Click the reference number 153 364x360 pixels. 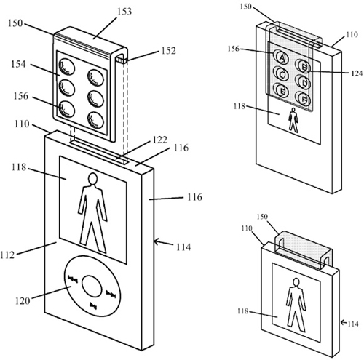pos(124,12)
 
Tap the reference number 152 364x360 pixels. pos(168,50)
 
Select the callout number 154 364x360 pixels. pos(18,64)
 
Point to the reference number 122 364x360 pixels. pos(160,140)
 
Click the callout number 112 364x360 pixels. pos(7,255)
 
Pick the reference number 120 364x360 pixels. pos(23,301)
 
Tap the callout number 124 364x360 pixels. pos(357,73)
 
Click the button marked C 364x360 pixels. pos(282,74)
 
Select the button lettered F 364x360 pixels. pos(304,98)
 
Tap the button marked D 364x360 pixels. pos(304,83)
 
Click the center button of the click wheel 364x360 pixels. pos(92,286)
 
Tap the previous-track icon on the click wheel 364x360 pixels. pos(73,279)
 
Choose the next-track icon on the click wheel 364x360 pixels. pos(111,295)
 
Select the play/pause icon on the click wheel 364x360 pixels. pos(93,305)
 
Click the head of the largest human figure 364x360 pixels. pos(93,179)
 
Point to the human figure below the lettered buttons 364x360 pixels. pos(293,120)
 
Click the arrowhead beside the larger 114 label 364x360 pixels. pos(157,241)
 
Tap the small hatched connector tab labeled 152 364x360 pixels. pos(122,60)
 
